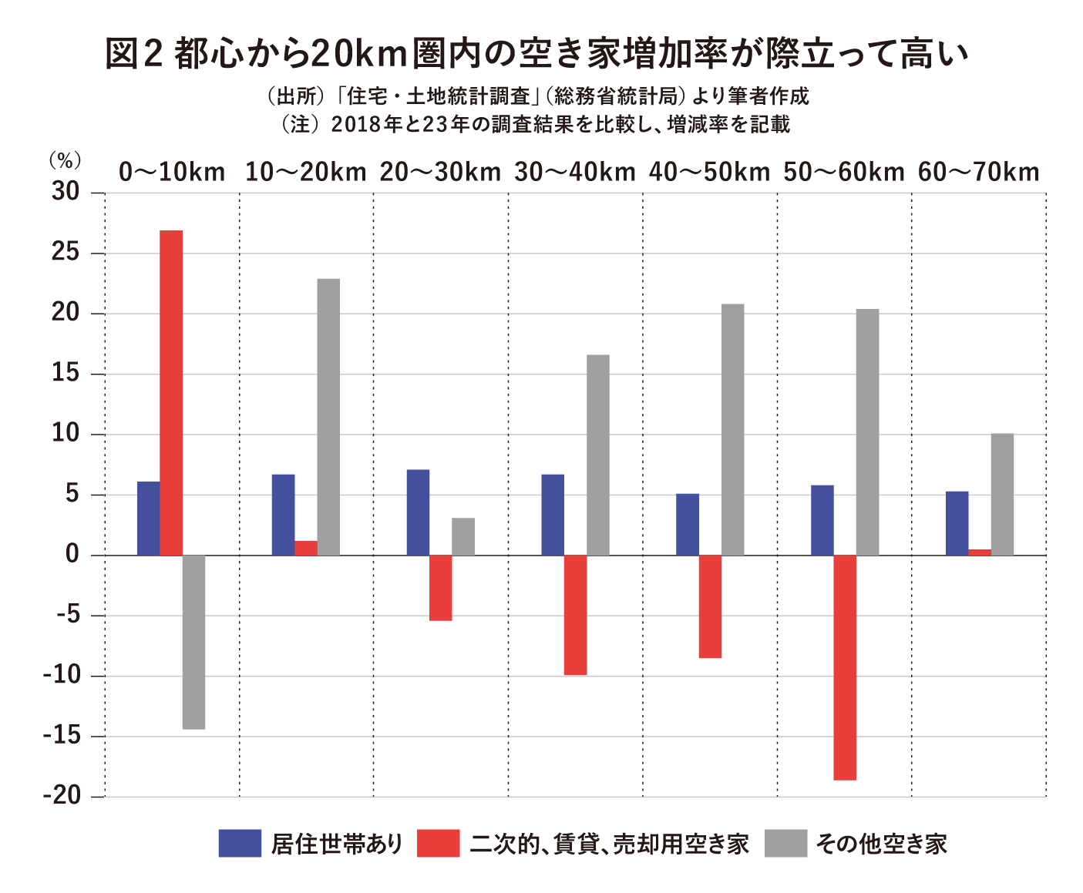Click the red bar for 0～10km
pyautogui.click(x=171, y=392)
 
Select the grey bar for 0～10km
pyautogui.click(x=193, y=642)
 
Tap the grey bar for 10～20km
pyautogui.click(x=328, y=417)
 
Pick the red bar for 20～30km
pyautogui.click(x=440, y=587)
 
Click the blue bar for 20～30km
pyautogui.click(x=418, y=512)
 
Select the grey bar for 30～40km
pyautogui.click(x=597, y=455)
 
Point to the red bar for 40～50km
pyautogui.click(x=710, y=606)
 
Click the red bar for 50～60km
pyautogui.click(x=845, y=667)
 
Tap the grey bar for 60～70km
pyautogui.click(x=1002, y=494)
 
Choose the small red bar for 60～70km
pyautogui.click(x=980, y=552)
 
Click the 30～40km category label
pyautogui.click(x=575, y=172)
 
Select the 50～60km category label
pyautogui.click(x=844, y=172)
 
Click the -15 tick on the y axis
pyautogui.click(x=62, y=736)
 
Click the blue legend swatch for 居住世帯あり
pyautogui.click(x=240, y=843)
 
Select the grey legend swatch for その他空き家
pyautogui.click(x=785, y=843)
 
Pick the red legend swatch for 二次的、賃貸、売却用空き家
pyautogui.click(x=438, y=843)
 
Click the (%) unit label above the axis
pyautogui.click(x=65, y=160)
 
